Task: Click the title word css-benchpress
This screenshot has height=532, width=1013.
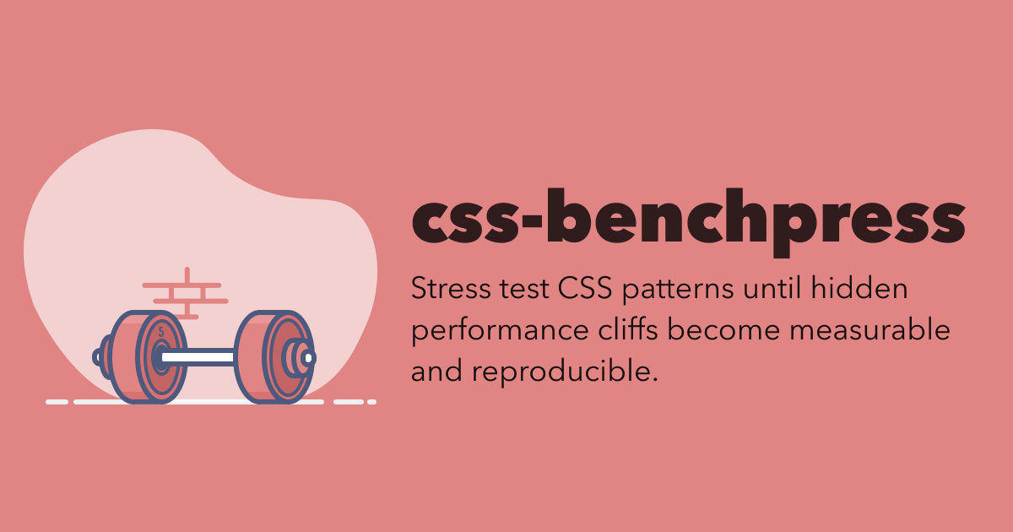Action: pos(688,221)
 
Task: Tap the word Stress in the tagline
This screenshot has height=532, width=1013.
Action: pos(451,288)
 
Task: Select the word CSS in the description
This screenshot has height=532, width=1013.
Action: pos(585,288)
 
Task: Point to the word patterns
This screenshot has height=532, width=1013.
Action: pos(678,290)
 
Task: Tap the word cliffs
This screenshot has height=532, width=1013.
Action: pos(628,328)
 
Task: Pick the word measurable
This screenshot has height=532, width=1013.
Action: pos(869,328)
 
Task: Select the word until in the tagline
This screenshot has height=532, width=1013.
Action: pos(772,288)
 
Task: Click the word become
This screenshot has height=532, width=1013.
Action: pos(723,328)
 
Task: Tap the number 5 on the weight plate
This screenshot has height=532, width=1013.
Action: pos(161,333)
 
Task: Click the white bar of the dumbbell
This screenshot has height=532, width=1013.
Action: pos(198,357)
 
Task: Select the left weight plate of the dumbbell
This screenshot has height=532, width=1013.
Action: pos(149,357)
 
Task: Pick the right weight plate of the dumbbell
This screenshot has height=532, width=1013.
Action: pos(274,357)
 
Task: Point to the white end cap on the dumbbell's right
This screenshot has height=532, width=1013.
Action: pos(309,358)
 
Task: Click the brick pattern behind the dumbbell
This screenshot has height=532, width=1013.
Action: pos(186,293)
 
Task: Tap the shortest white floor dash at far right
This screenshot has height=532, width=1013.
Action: pos(371,402)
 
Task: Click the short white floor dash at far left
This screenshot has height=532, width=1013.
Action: pos(57,402)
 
